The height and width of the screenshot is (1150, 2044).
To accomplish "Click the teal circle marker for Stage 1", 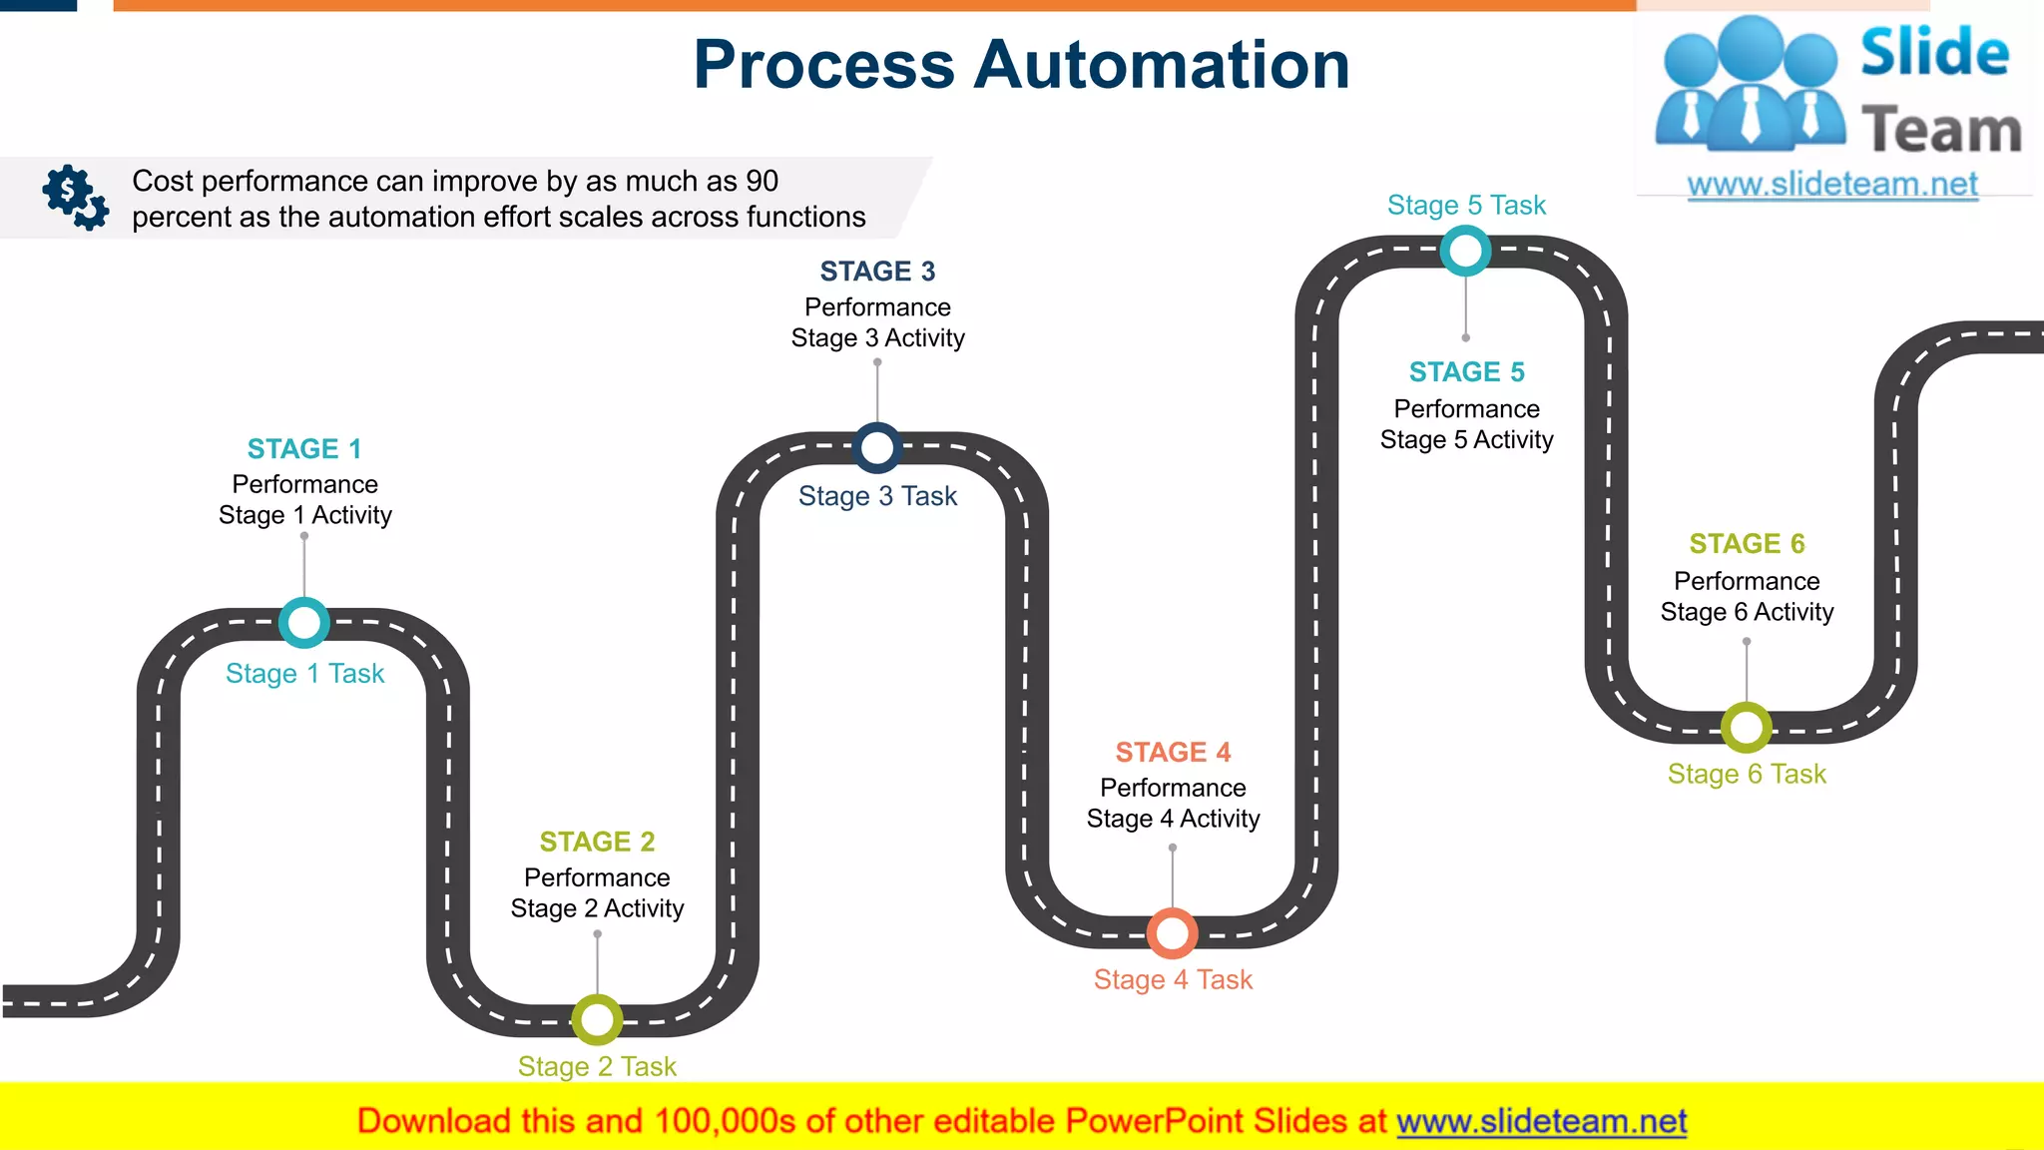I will pos(304,623).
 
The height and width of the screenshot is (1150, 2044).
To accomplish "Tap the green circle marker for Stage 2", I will pos(597,1019).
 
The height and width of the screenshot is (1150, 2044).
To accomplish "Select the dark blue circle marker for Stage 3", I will pos(877,448).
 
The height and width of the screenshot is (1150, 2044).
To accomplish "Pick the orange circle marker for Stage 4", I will pos(1172,933).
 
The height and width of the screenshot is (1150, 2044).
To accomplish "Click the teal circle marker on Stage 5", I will pos(1465,251).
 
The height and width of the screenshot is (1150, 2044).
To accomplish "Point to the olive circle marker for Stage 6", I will pos(1747,728).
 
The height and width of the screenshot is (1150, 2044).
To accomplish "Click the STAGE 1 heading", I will pos(304,449).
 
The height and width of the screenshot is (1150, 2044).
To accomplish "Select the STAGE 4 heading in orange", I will pos(1173,752).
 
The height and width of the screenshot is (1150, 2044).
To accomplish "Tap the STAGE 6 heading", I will pos(1747,544).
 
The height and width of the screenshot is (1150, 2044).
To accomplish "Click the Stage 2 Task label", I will pos(597,1066).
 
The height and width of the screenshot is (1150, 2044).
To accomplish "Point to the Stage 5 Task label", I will pos(1466,206).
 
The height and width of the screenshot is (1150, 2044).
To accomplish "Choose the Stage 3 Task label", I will pos(877,496).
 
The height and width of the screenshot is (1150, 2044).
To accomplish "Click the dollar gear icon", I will pos(75,197).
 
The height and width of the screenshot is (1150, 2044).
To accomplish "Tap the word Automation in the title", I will pos(1162,65).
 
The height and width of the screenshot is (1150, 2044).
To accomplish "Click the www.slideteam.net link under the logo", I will pos(1832,185).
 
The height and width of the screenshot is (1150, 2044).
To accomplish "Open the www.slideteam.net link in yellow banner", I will pos(1541,1121).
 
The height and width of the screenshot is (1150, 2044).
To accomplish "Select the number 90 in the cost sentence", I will pos(762,181).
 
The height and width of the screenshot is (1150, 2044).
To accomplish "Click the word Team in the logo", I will pos(1941,131).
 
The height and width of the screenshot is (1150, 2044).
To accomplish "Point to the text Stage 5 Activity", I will pos(1466,440).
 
